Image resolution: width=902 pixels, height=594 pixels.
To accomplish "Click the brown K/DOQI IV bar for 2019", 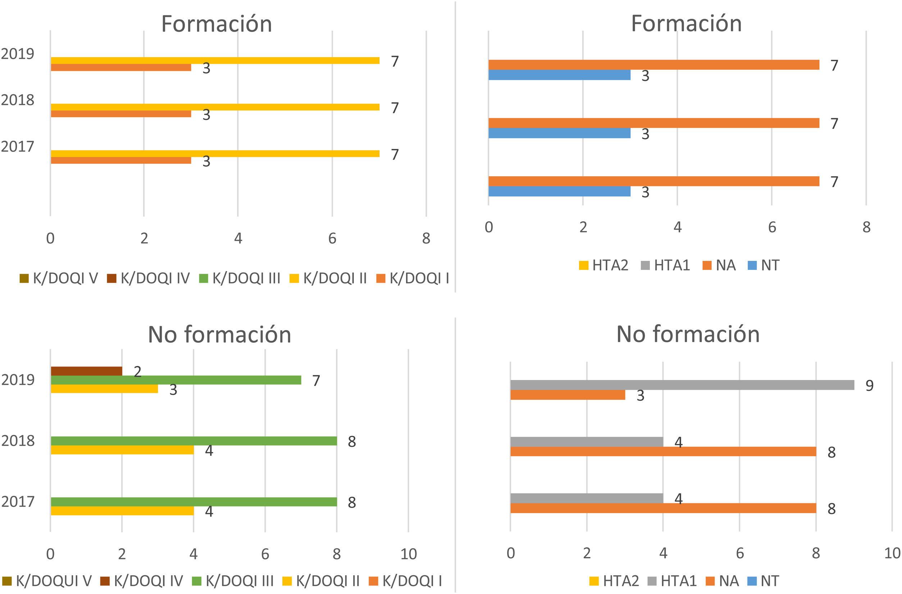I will click(86, 371).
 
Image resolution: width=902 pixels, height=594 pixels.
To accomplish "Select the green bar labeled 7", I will click(176, 380).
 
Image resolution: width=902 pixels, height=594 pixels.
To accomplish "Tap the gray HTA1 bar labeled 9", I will click(682, 385).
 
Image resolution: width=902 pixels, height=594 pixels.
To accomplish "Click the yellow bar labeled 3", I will click(104, 389).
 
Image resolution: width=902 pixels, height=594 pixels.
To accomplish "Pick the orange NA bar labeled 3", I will click(568, 395).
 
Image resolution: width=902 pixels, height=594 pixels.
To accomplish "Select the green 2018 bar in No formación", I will click(193, 441).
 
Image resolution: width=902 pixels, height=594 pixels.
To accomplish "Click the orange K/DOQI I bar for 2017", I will click(120, 160).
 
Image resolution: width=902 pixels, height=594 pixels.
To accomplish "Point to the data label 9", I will click(869, 386).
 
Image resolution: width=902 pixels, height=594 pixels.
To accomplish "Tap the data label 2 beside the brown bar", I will click(138, 372).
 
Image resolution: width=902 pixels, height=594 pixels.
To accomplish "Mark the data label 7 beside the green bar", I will click(316, 381).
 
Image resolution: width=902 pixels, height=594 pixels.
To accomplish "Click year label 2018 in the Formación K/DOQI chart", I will click(17, 100).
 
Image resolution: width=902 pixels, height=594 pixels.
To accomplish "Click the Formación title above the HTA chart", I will click(686, 23).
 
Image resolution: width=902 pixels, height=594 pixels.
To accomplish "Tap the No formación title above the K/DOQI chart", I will click(219, 334).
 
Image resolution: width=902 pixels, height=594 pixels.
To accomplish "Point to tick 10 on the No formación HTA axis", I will click(892, 553).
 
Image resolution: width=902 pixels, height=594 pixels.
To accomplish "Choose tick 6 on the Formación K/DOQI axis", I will click(332, 238).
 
